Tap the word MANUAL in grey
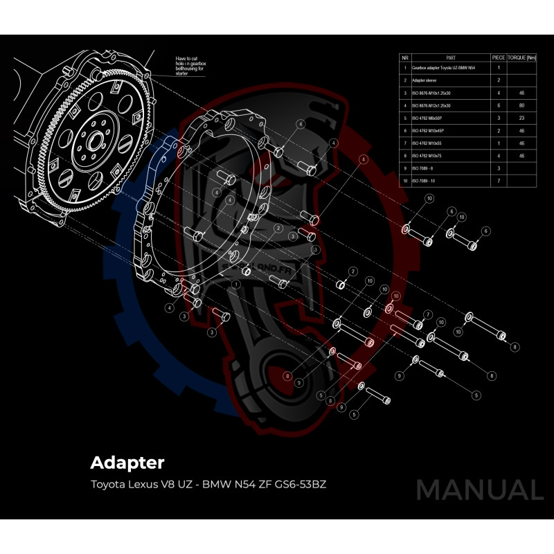479,490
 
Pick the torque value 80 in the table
521,105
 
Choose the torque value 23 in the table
521,118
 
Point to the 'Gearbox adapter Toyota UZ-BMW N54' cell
443,69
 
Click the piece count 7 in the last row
498,181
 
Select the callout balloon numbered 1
236,284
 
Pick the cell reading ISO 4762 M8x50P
429,118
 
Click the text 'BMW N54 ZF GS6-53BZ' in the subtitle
264,483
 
